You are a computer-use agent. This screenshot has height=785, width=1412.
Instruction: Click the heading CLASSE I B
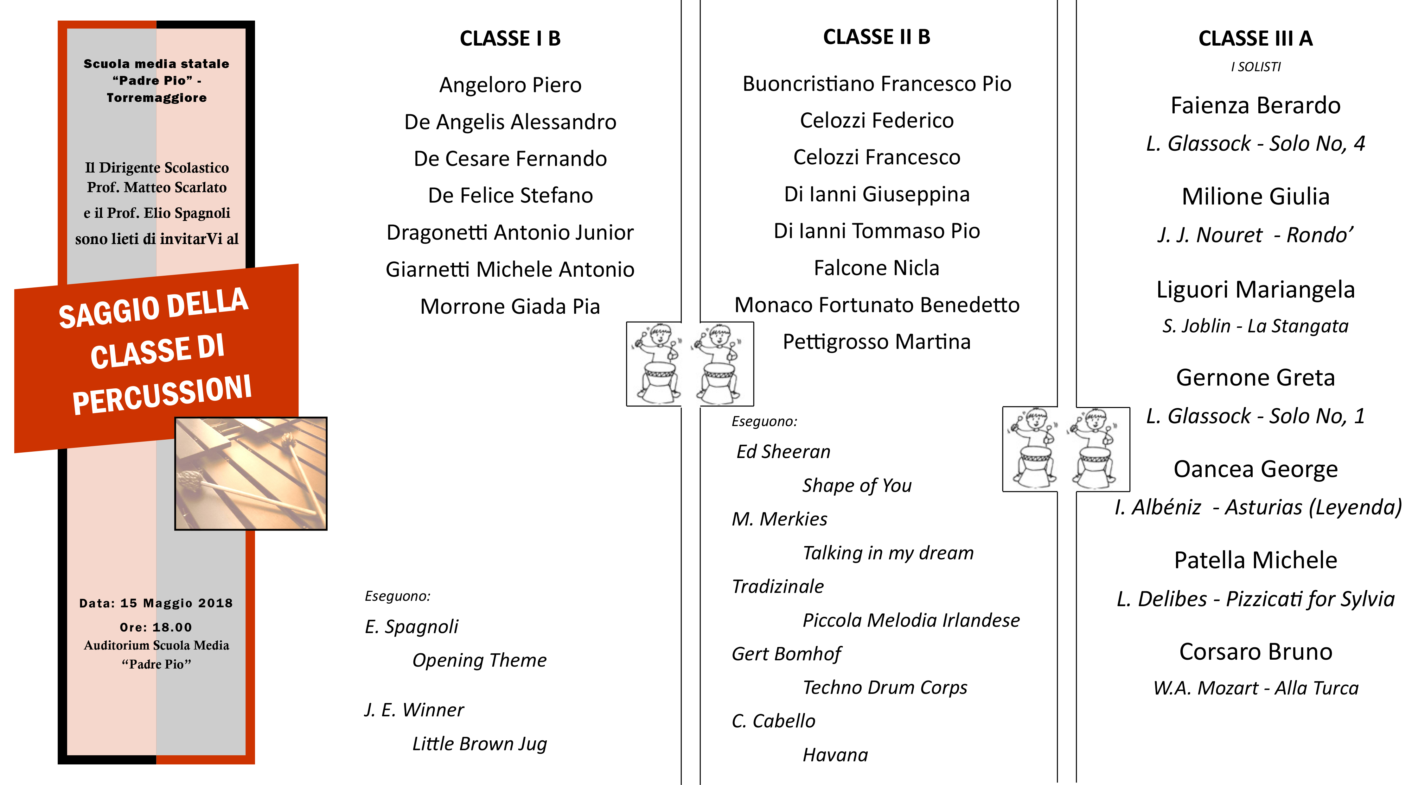(x=510, y=38)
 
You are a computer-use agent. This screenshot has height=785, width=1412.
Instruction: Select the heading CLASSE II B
(x=877, y=37)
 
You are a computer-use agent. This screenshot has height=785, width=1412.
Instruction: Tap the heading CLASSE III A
(x=1255, y=38)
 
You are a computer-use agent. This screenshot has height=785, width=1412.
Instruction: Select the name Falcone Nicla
(x=877, y=268)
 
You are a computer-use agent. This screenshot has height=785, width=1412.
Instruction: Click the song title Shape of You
(x=857, y=485)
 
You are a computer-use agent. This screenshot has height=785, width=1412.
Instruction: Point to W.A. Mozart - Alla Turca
(x=1255, y=688)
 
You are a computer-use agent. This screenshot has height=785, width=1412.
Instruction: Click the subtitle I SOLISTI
(x=1255, y=67)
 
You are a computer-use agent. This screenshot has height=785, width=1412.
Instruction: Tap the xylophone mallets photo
(x=251, y=473)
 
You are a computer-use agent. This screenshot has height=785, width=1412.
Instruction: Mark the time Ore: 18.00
(x=156, y=627)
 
